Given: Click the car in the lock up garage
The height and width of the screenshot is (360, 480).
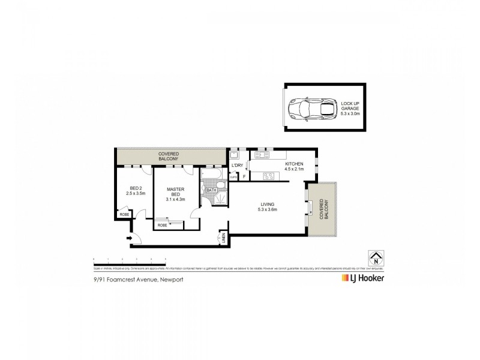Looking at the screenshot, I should click(311, 109).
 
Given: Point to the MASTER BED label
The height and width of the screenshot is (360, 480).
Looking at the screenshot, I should click(175, 194).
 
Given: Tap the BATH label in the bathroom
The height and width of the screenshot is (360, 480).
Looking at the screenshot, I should click(211, 190).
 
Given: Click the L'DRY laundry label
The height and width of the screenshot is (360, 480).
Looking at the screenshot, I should click(237, 166).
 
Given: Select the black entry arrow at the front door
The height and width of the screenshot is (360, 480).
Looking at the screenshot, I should click(128, 239).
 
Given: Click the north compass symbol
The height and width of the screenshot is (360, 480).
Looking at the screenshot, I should click(376, 260).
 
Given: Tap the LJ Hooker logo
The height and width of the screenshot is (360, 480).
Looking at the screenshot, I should click(362, 278).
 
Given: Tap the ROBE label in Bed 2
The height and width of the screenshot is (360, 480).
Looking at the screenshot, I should click(124, 214).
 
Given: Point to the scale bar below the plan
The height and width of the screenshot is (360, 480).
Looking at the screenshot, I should click(130, 259).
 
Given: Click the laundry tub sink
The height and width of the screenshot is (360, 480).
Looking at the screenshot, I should click(235, 154).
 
